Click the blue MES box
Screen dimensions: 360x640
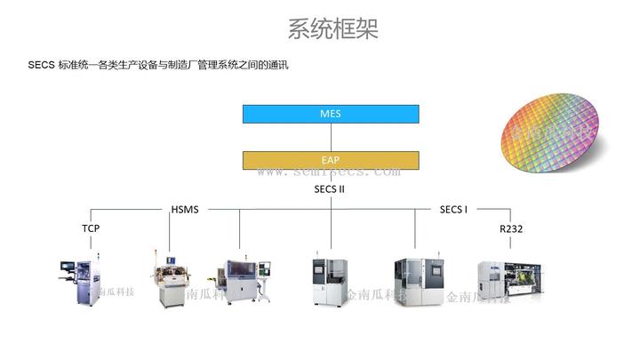point(331,114)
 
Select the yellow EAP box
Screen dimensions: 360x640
point(331,160)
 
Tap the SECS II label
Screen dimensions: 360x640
point(330,189)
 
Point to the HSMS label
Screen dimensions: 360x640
point(185,210)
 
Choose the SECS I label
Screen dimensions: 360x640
point(453,210)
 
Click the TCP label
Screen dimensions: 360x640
point(91,228)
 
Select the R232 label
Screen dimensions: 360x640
point(511,229)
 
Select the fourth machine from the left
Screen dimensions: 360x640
point(330,282)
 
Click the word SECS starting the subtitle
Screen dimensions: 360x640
point(41,65)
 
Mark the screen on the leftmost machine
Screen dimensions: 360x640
point(68,265)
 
